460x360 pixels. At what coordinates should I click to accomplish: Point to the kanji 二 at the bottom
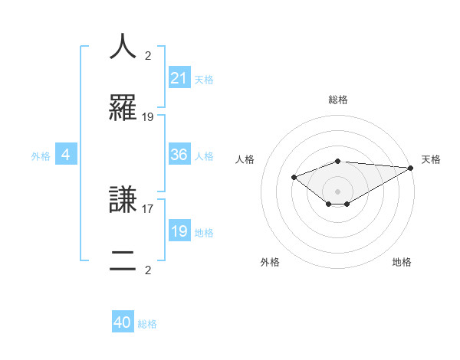[x=123, y=260]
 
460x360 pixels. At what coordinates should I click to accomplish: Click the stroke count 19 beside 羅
[x=148, y=117]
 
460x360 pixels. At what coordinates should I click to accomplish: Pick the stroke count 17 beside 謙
[x=148, y=208]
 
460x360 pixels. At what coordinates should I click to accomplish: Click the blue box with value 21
[x=179, y=78]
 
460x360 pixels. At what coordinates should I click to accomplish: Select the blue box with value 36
[x=179, y=155]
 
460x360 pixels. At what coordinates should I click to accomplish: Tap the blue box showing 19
[x=179, y=231]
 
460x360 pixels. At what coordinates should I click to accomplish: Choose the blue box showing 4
[x=66, y=155]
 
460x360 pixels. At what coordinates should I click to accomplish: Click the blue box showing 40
[x=123, y=323]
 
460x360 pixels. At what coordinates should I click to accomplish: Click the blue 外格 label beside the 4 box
[x=41, y=155]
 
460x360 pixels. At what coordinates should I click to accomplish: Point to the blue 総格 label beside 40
[x=147, y=324]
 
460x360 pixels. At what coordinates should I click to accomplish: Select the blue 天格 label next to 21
[x=204, y=79]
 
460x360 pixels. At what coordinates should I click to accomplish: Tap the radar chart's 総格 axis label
[x=338, y=100]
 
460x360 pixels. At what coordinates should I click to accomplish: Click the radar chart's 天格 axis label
[x=431, y=159]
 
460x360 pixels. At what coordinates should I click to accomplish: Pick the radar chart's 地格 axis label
[x=402, y=263]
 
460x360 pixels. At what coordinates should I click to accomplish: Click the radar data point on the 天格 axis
[x=411, y=168]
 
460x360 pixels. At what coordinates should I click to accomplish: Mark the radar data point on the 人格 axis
[x=294, y=178]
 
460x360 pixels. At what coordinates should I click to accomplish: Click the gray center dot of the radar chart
[x=338, y=191]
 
